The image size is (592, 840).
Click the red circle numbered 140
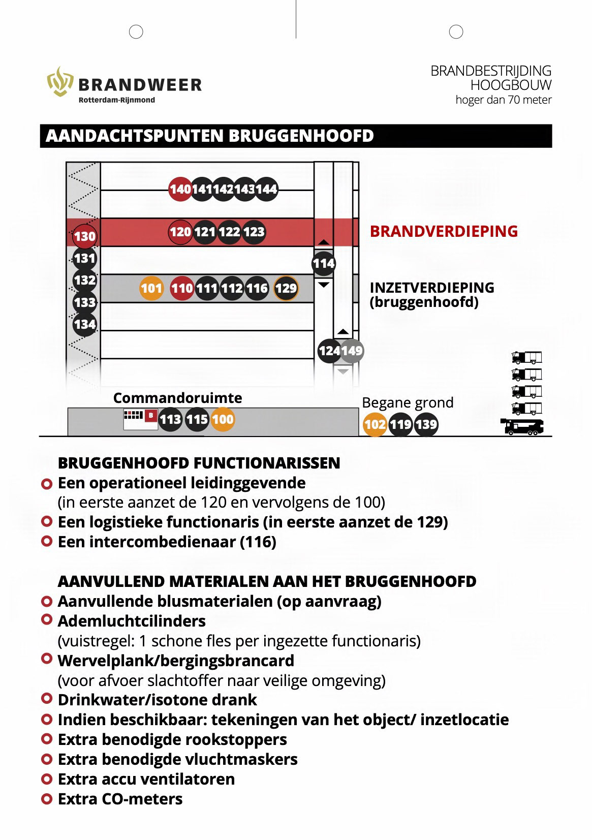tap(180, 190)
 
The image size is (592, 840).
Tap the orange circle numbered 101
tap(151, 289)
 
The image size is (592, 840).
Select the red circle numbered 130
tap(84, 236)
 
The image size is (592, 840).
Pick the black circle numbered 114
tap(324, 263)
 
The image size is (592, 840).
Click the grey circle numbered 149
tap(352, 351)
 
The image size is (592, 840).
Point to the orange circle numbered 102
tap(375, 424)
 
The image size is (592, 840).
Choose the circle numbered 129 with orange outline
tap(286, 289)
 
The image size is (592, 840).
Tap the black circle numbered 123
tap(254, 232)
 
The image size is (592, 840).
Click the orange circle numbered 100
tap(223, 419)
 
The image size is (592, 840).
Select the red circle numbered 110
tap(181, 289)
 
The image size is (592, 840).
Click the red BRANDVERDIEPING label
tap(444, 231)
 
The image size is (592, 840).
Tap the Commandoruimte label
tap(177, 397)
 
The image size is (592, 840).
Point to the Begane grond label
tap(408, 402)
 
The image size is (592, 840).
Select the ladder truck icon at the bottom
tap(522, 426)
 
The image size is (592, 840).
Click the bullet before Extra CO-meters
tap(47, 799)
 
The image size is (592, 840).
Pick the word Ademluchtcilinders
tap(132, 621)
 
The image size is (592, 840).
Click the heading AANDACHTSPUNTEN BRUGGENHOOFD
tap(209, 136)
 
